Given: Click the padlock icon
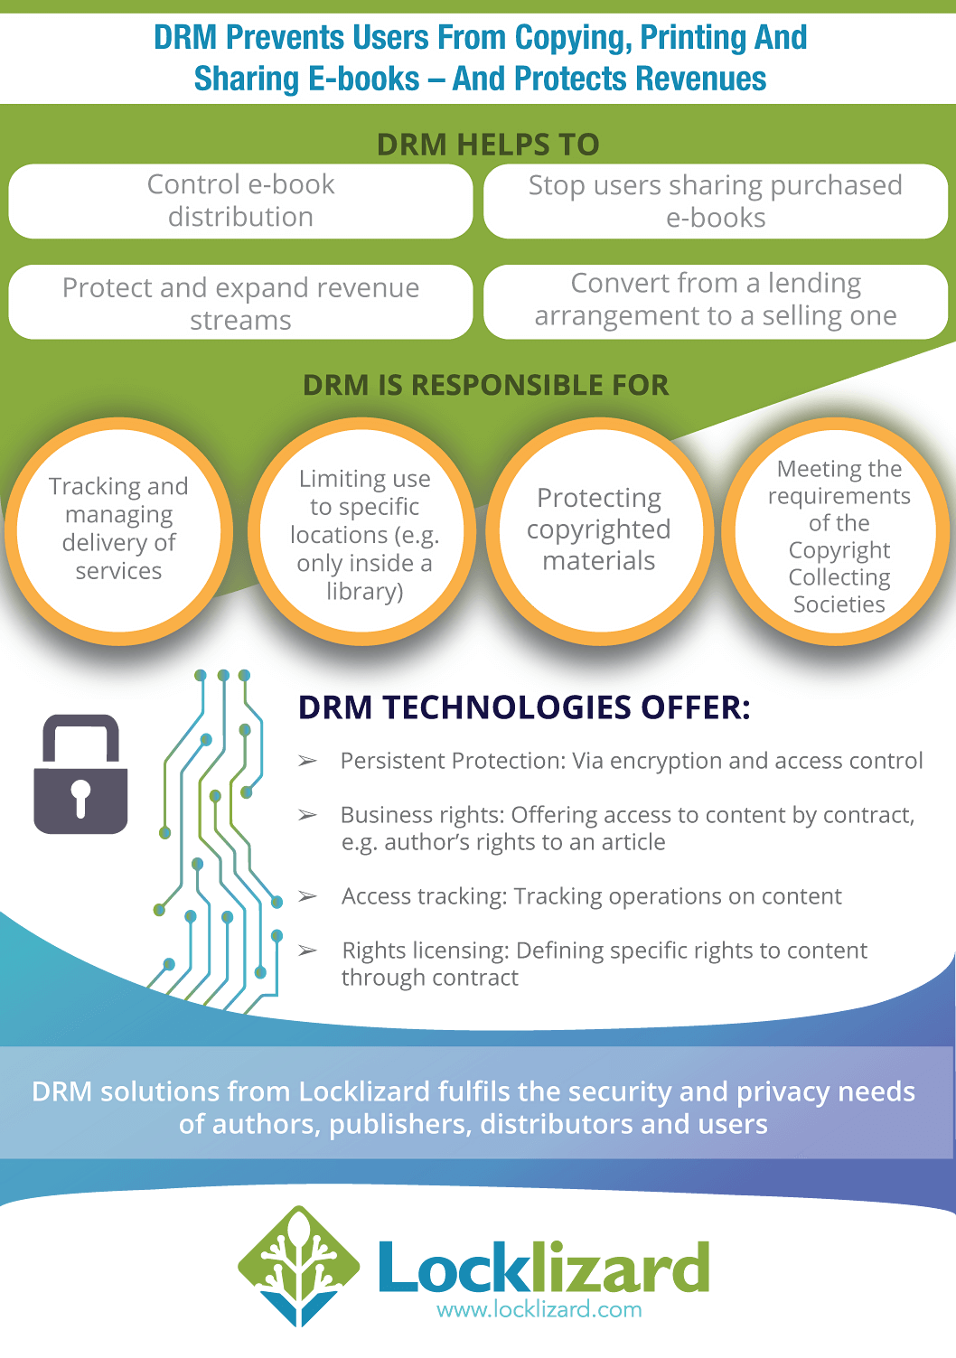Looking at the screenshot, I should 80,774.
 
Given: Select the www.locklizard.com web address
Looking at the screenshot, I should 539,1309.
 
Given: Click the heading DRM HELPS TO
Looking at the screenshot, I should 488,145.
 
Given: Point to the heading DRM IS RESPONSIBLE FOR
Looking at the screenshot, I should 486,385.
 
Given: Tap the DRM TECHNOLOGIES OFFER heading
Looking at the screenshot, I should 524,707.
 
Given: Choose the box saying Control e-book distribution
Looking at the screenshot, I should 240,201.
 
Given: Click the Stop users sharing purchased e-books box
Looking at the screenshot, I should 715,201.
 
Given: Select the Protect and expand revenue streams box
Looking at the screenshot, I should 240,303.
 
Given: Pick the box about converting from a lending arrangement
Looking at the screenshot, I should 715,300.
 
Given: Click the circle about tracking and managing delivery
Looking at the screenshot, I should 118,530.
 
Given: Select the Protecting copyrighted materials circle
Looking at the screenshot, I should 599,530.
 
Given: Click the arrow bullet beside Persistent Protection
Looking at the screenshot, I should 307,762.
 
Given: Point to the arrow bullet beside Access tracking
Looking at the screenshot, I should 307,896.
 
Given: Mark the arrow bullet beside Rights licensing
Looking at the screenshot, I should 307,951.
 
